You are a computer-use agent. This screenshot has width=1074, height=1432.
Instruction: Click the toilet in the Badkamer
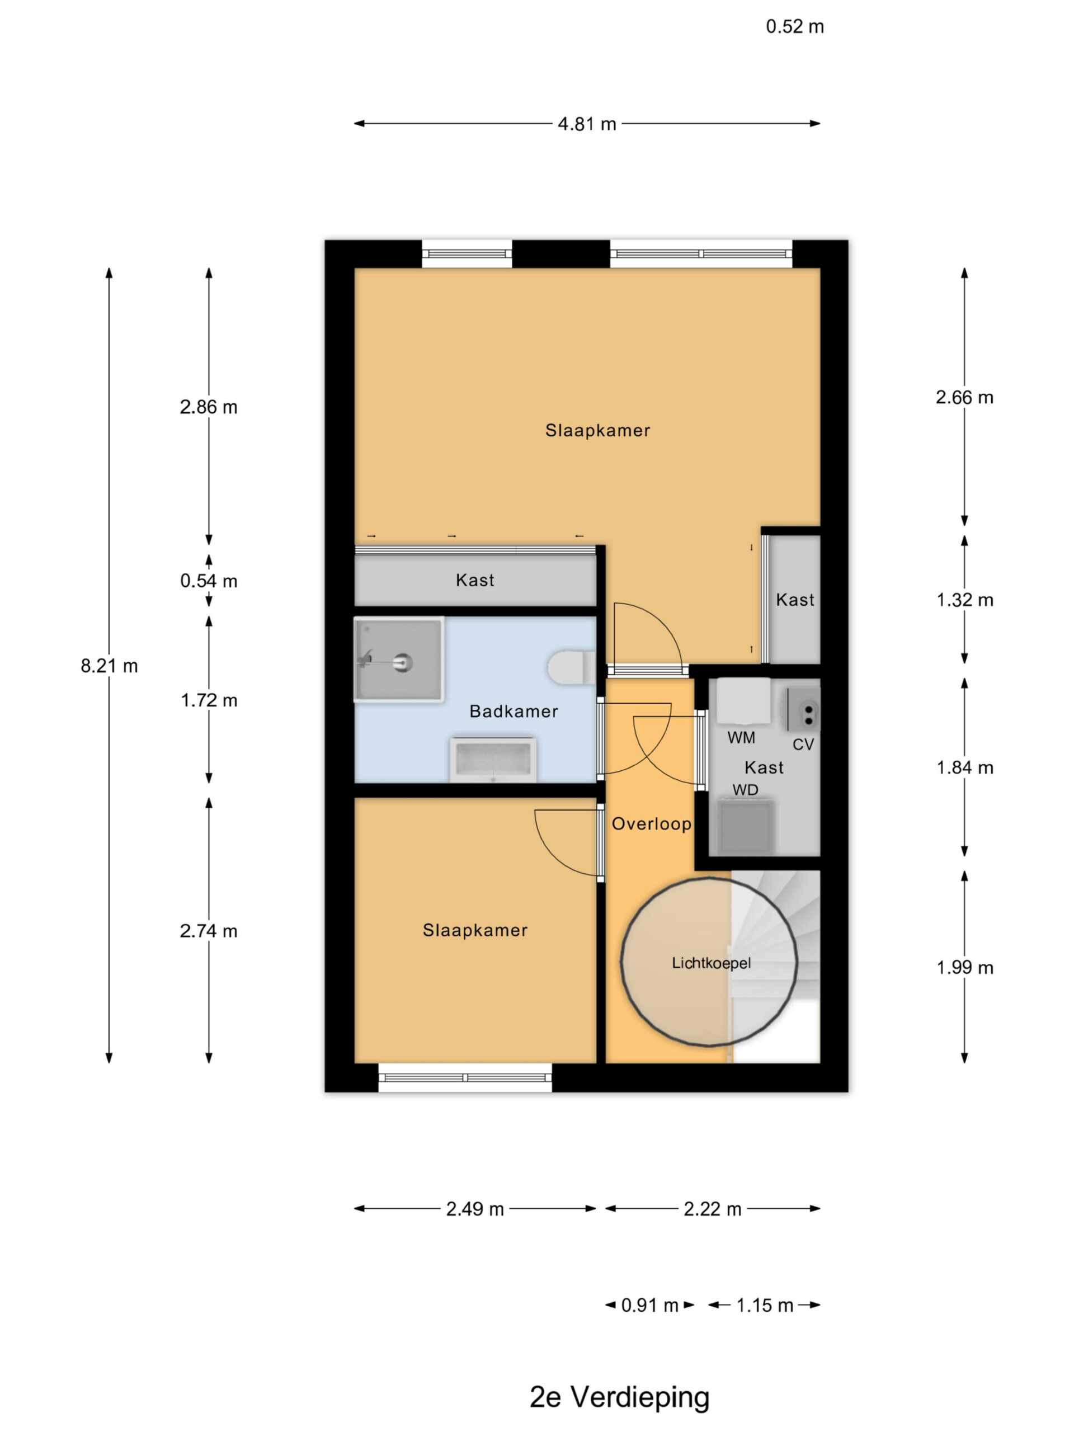click(572, 667)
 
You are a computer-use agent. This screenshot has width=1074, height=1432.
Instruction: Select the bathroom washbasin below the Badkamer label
click(493, 759)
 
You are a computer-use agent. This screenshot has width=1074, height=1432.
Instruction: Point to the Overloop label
click(651, 823)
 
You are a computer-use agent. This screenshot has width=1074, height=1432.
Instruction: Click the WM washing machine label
click(741, 737)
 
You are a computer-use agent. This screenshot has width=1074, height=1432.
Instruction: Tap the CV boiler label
click(803, 745)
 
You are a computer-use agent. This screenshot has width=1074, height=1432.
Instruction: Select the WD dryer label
click(745, 790)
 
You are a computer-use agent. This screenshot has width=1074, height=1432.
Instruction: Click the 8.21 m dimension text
click(109, 666)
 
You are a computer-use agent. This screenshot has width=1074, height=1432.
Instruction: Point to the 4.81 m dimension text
click(587, 124)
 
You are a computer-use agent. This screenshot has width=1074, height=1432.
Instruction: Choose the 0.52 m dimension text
click(794, 26)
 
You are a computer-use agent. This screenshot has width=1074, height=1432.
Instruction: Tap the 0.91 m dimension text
click(649, 1305)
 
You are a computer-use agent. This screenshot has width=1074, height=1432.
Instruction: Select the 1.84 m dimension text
click(964, 768)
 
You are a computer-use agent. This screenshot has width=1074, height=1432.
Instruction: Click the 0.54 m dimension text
click(209, 581)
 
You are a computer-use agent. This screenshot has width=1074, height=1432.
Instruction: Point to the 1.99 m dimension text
click(964, 968)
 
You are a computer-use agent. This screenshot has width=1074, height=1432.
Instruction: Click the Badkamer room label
click(514, 712)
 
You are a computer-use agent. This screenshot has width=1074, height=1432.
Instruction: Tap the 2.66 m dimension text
click(964, 398)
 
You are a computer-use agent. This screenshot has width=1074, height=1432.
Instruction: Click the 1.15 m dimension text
click(765, 1305)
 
